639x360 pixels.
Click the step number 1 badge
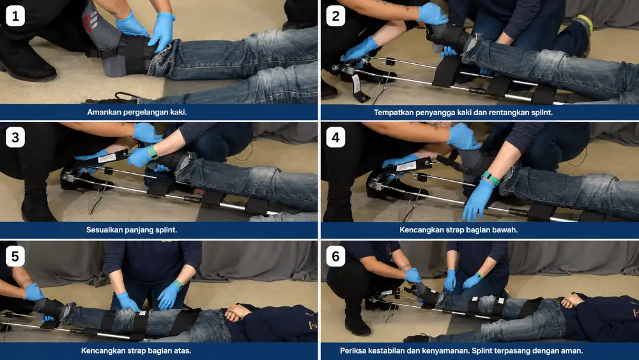[15, 17]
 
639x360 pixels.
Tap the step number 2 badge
[336, 17]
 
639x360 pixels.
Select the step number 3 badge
[15, 137]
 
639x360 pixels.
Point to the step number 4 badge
[336, 137]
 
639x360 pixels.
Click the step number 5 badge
[15, 256]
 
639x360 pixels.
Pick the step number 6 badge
[336, 256]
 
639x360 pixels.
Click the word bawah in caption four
[505, 230]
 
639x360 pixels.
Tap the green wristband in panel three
[153, 152]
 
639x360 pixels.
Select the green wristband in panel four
[491, 178]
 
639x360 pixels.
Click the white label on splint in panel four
[406, 166]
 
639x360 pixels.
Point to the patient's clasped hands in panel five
[237, 313]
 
